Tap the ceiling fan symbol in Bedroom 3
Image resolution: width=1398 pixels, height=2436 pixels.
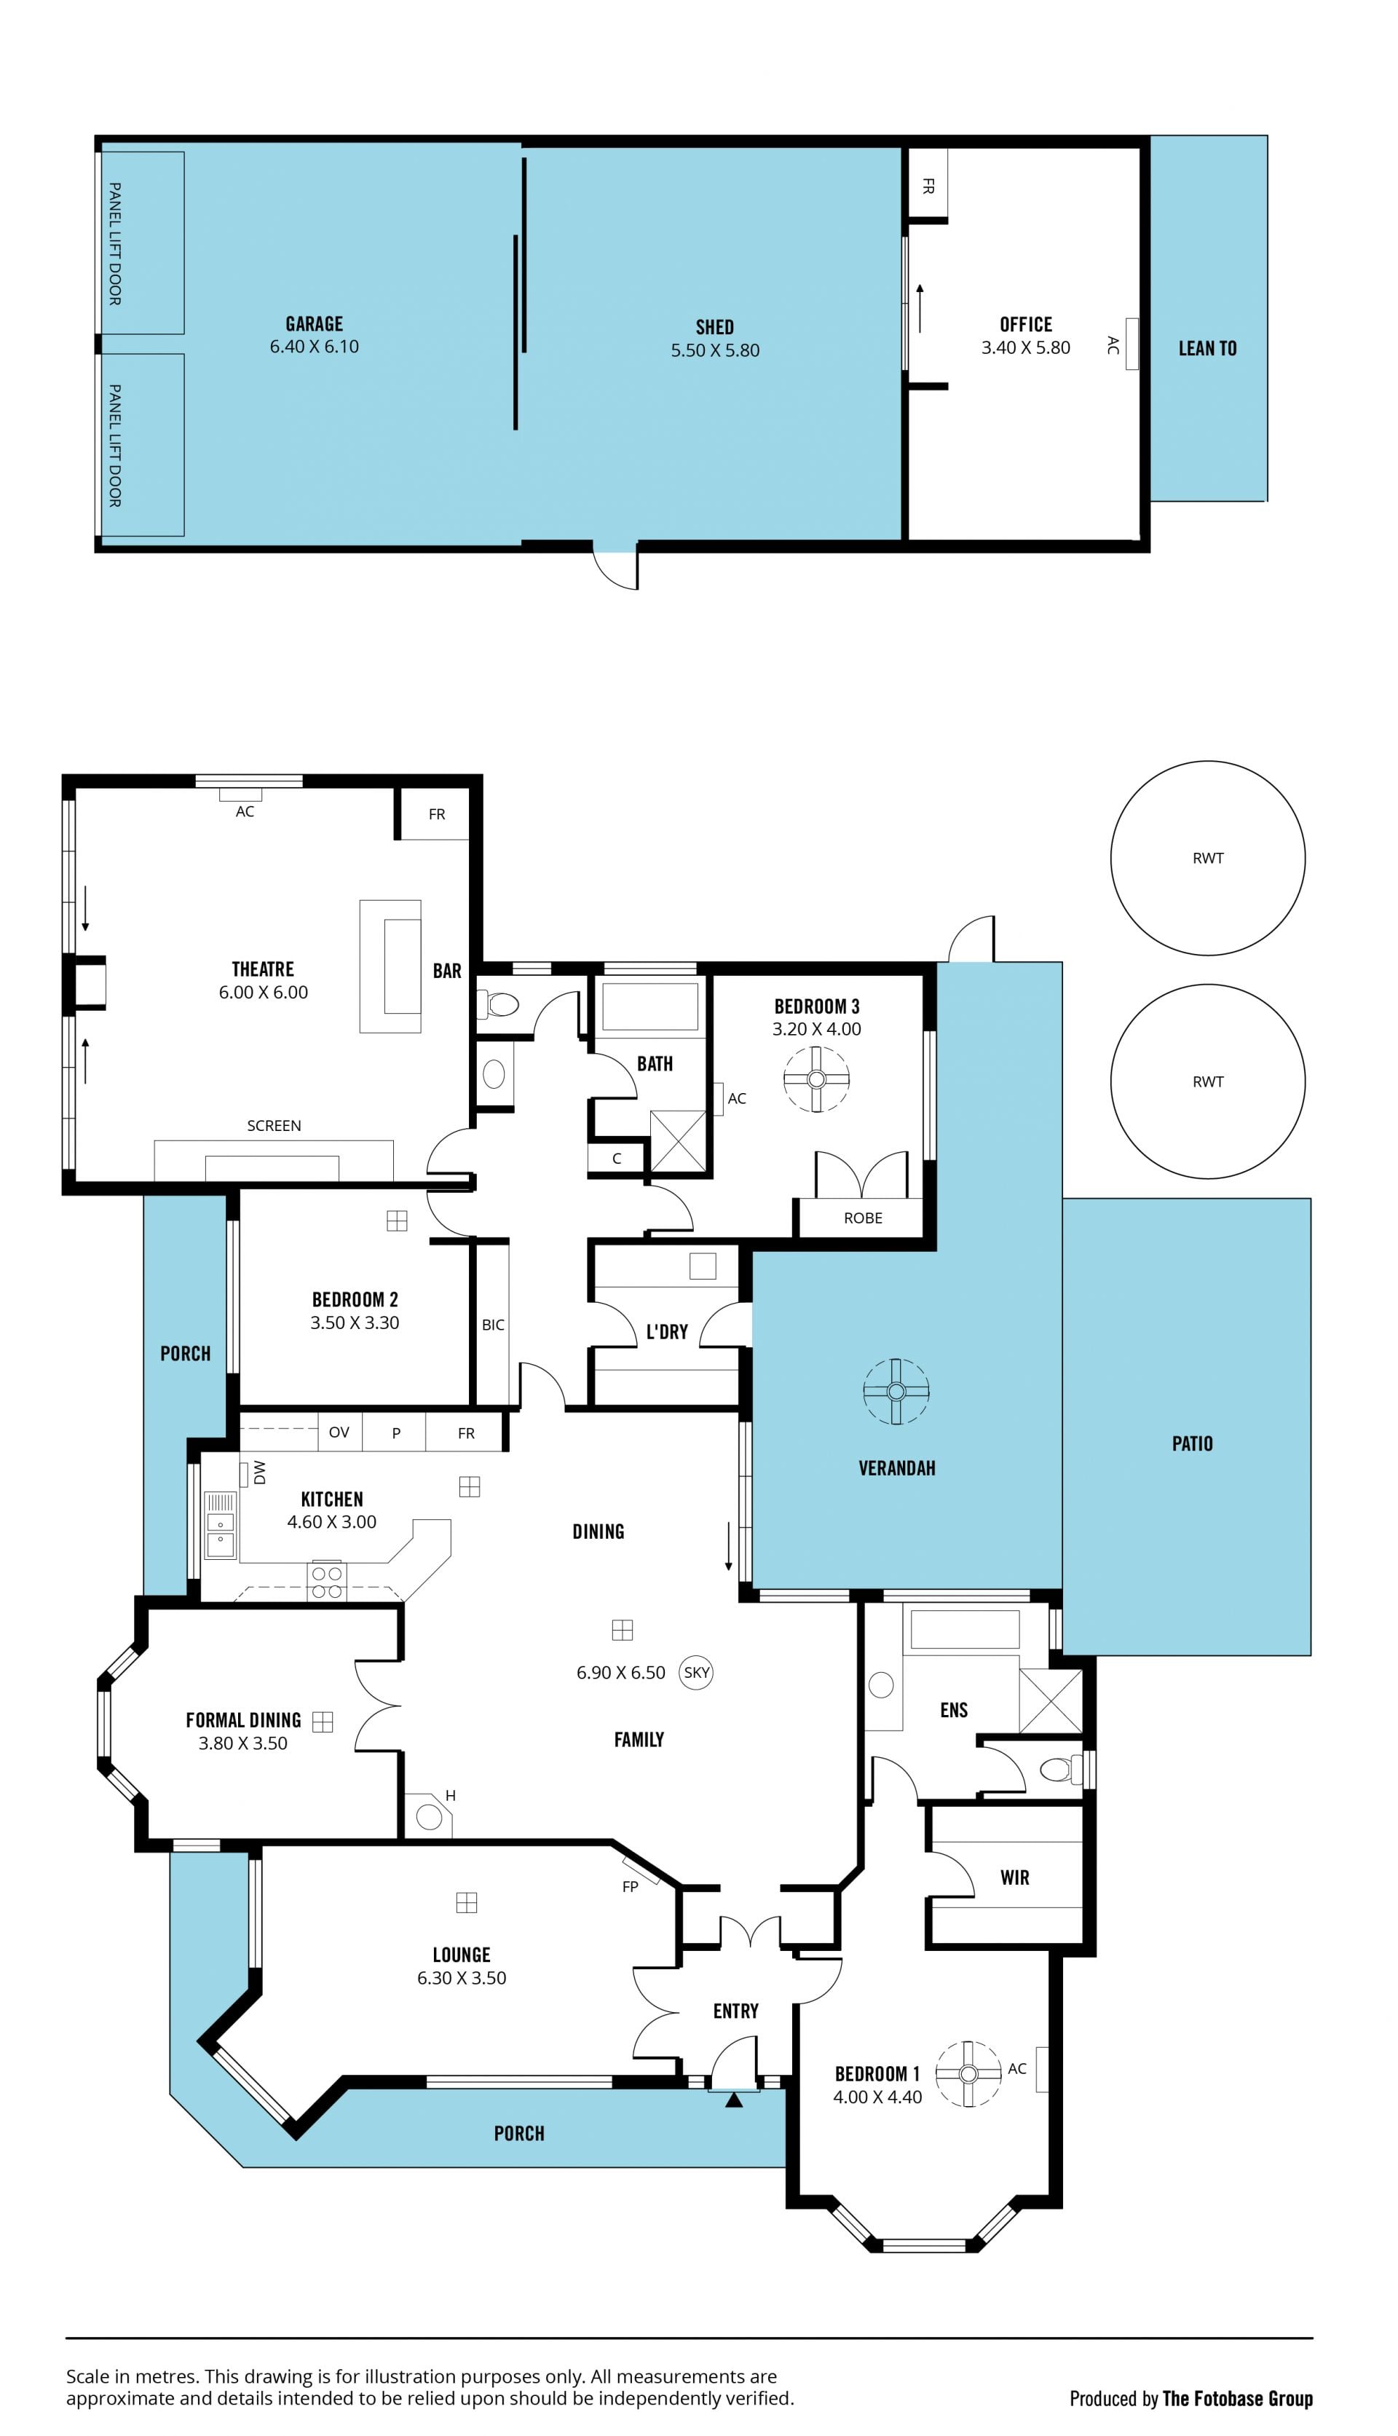coord(817,1079)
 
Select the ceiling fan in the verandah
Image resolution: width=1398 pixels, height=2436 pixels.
coord(897,1391)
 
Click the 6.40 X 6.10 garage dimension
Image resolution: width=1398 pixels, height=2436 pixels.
coord(314,347)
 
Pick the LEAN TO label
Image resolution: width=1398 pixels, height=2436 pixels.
coord(1208,349)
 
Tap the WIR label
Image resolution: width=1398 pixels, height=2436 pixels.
coord(1015,1877)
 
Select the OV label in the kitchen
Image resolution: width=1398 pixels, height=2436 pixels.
coord(339,1432)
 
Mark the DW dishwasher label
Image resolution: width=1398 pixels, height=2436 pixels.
coord(259,1473)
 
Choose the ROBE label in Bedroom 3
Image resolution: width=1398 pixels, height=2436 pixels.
coord(863,1218)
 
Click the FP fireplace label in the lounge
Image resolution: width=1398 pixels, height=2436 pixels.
coord(630,1887)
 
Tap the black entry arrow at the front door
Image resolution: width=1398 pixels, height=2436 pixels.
coord(735,2100)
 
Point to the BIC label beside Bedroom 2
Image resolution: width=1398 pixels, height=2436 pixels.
coord(492,1325)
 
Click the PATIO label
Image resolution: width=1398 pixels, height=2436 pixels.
coord(1193,1443)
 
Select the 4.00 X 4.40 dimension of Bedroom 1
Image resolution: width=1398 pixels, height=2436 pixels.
coord(877,2097)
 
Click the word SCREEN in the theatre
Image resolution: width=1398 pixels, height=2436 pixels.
coord(274,1125)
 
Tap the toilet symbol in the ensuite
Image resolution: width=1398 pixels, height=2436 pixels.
coord(1061,1769)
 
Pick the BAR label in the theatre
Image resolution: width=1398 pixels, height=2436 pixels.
coord(448,971)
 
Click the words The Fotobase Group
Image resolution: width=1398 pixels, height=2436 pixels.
coord(1238,2399)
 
